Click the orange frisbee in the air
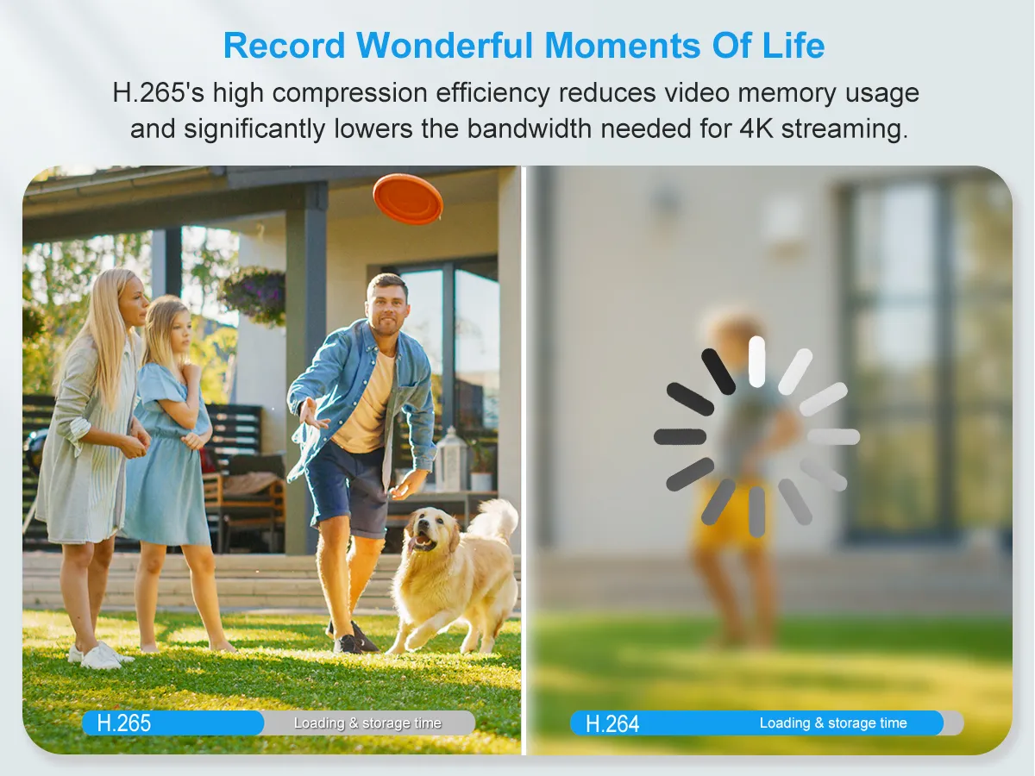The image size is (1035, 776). click(x=408, y=199)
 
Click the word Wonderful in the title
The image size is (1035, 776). click(x=444, y=46)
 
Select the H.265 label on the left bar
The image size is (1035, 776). click(x=124, y=723)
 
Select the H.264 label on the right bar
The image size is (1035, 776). click(x=612, y=723)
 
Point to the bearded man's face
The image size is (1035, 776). click(x=386, y=309)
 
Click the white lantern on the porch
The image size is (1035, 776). click(x=450, y=459)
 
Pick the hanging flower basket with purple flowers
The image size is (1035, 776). click(x=254, y=294)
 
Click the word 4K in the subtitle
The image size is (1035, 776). click(x=756, y=128)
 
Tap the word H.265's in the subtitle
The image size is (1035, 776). click(x=159, y=92)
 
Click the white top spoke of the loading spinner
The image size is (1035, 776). click(x=756, y=361)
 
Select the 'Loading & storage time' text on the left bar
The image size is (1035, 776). click(x=367, y=723)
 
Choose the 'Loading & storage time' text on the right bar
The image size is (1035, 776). click(x=833, y=723)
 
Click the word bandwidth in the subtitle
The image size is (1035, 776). click(x=530, y=128)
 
